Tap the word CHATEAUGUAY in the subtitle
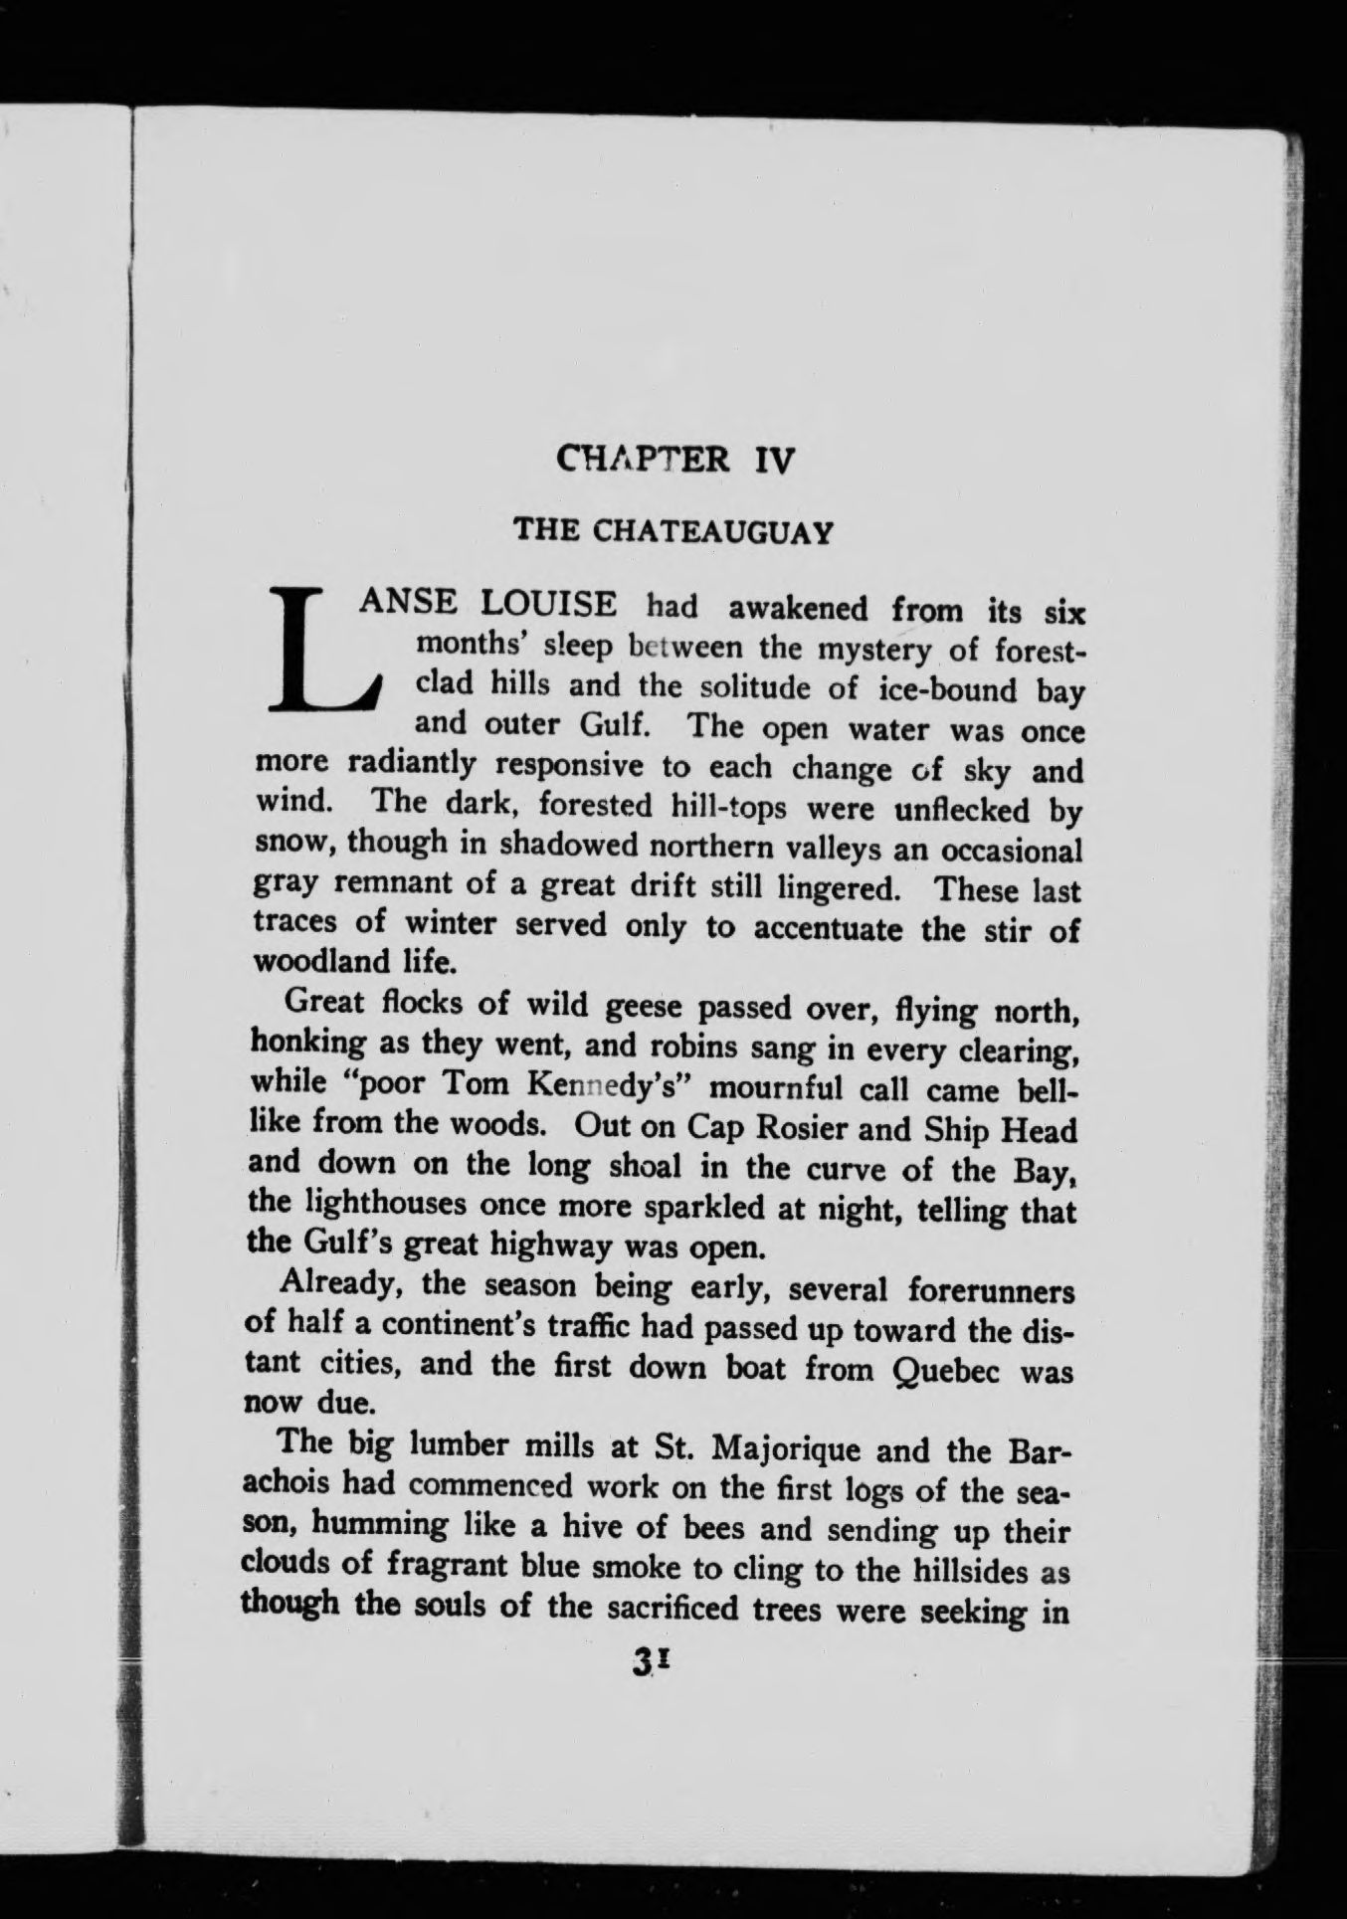tap(711, 531)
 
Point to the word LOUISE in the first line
tap(549, 603)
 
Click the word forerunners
tap(991, 1290)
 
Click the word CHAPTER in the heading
tap(644, 460)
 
